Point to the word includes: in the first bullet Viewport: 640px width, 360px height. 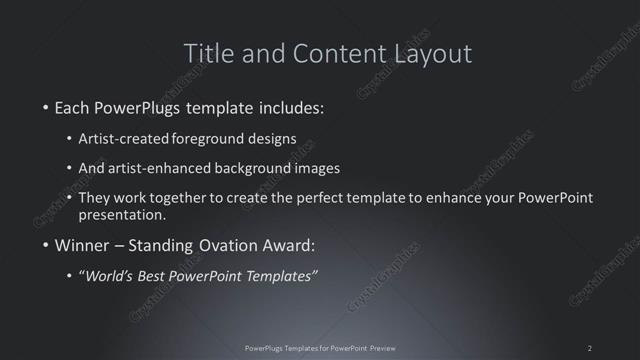coord(291,107)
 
